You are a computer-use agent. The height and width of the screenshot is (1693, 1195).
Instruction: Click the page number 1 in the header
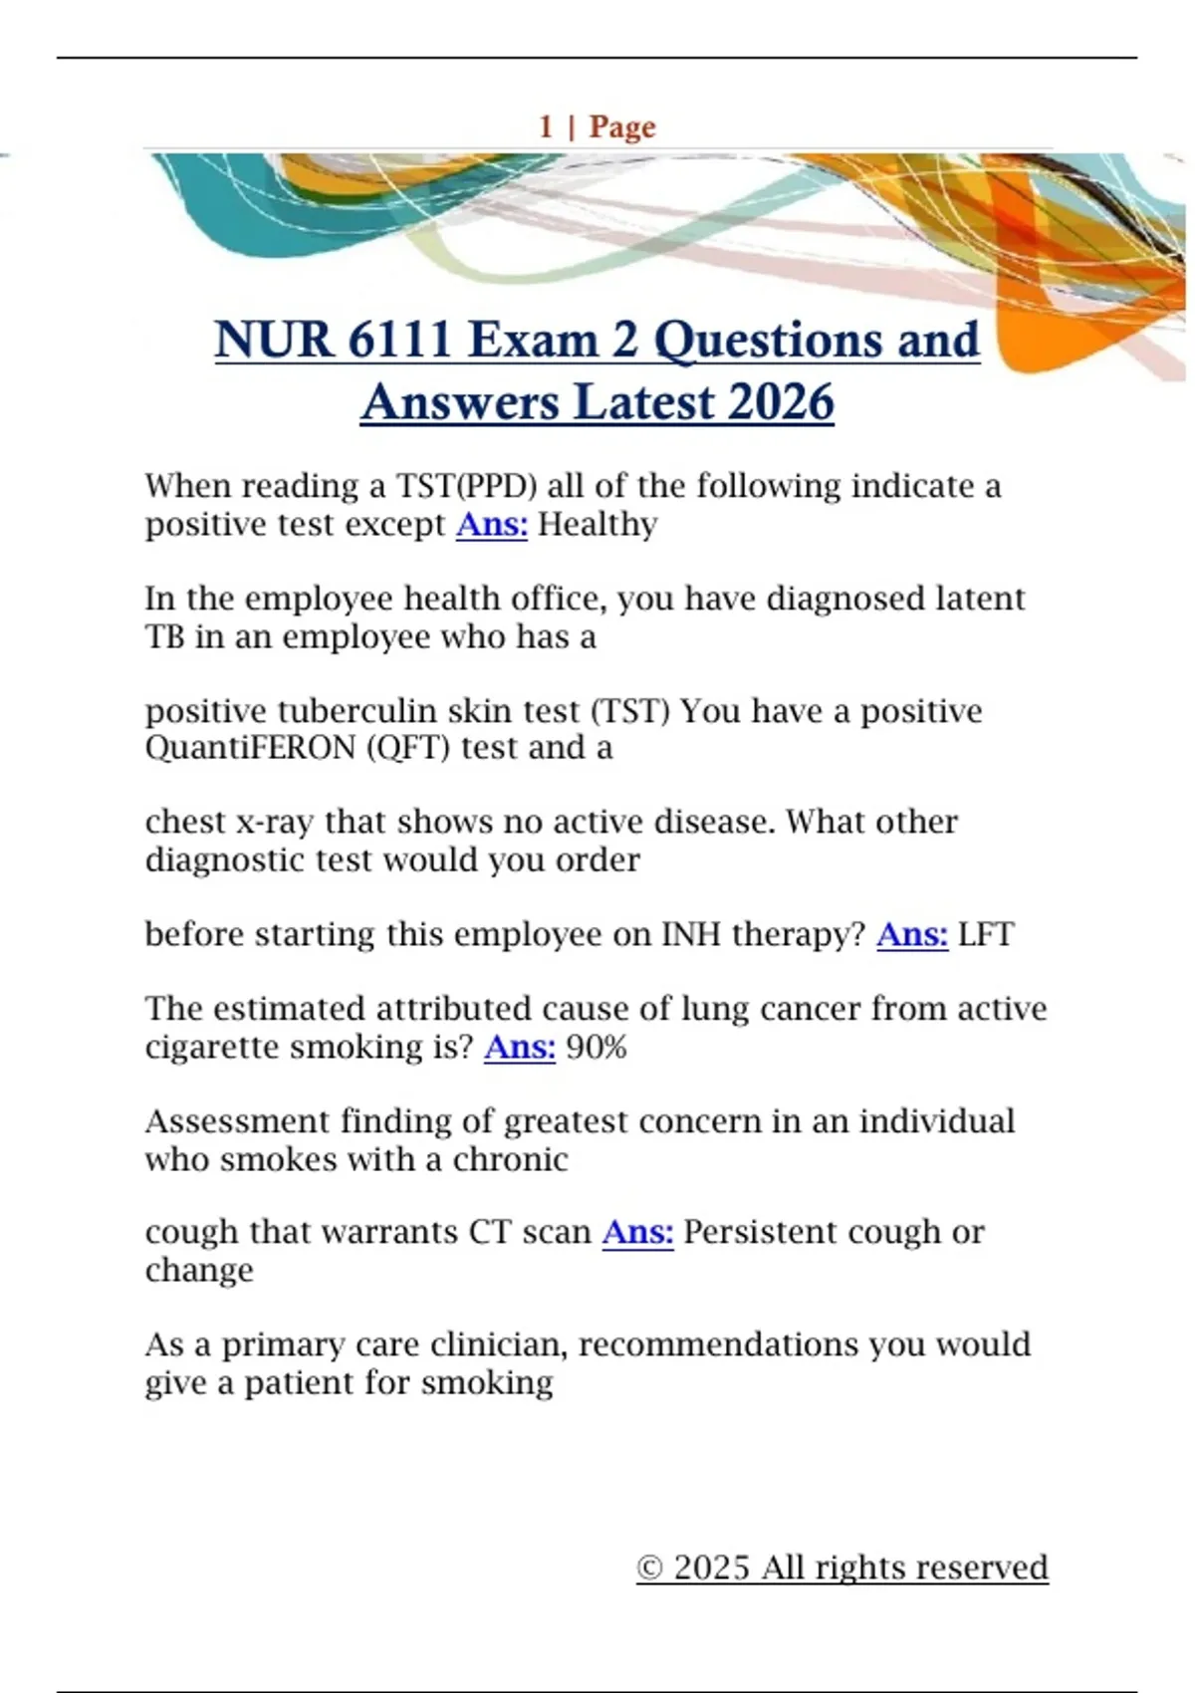[x=546, y=126]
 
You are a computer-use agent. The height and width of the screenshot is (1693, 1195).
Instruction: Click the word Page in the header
[x=622, y=127]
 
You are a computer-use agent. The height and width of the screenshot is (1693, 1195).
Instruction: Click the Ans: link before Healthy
[x=492, y=524]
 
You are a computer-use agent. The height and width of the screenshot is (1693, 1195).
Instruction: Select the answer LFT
[x=986, y=934]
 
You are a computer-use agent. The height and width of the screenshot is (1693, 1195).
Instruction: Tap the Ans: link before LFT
[x=912, y=934]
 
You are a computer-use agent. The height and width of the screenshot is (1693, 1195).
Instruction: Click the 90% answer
[x=597, y=1047]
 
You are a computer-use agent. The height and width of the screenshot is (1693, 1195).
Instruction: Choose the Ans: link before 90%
[x=520, y=1047]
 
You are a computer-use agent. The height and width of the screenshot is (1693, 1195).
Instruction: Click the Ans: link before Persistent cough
[x=637, y=1232]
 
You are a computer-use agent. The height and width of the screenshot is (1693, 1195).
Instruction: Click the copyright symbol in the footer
[x=649, y=1568]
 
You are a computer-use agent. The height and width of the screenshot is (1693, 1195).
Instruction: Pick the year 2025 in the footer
[x=711, y=1568]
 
